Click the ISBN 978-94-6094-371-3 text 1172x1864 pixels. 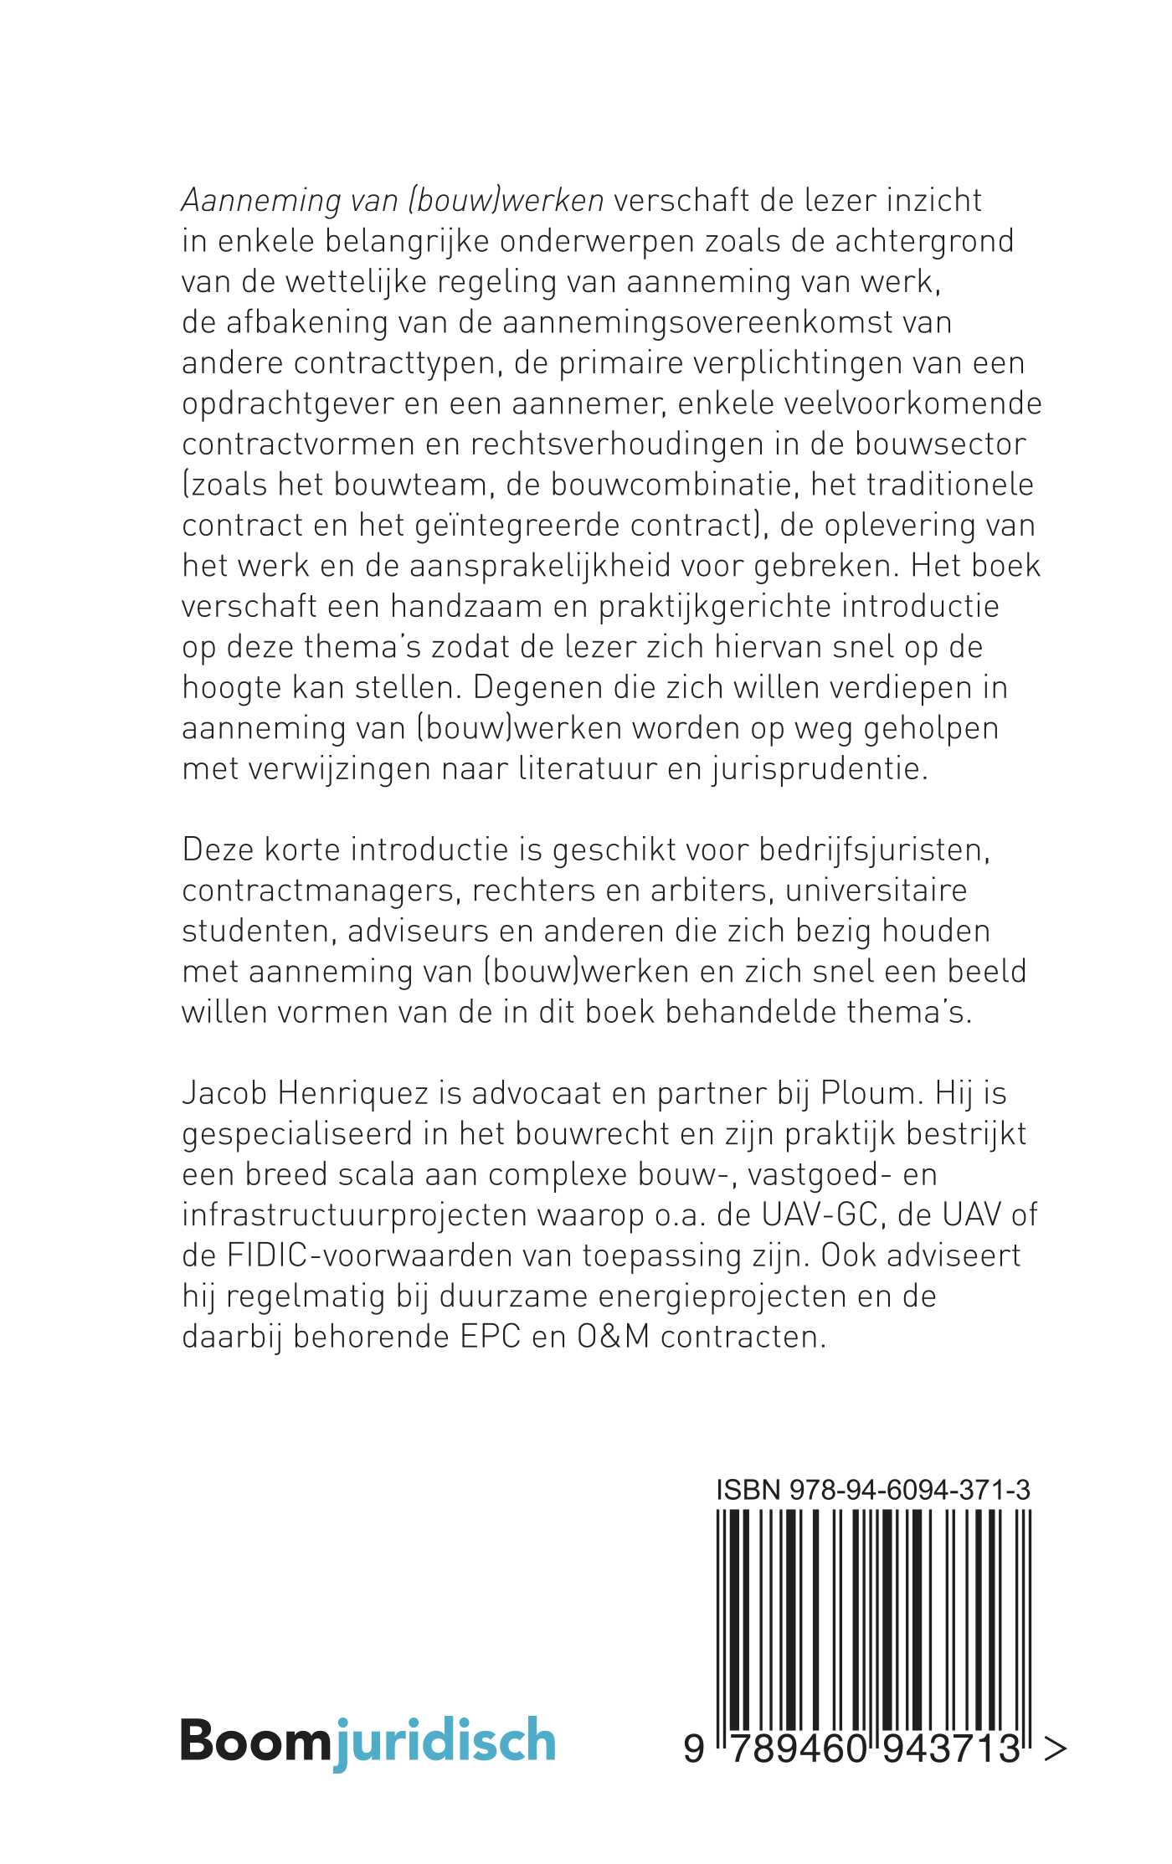[873, 1491]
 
